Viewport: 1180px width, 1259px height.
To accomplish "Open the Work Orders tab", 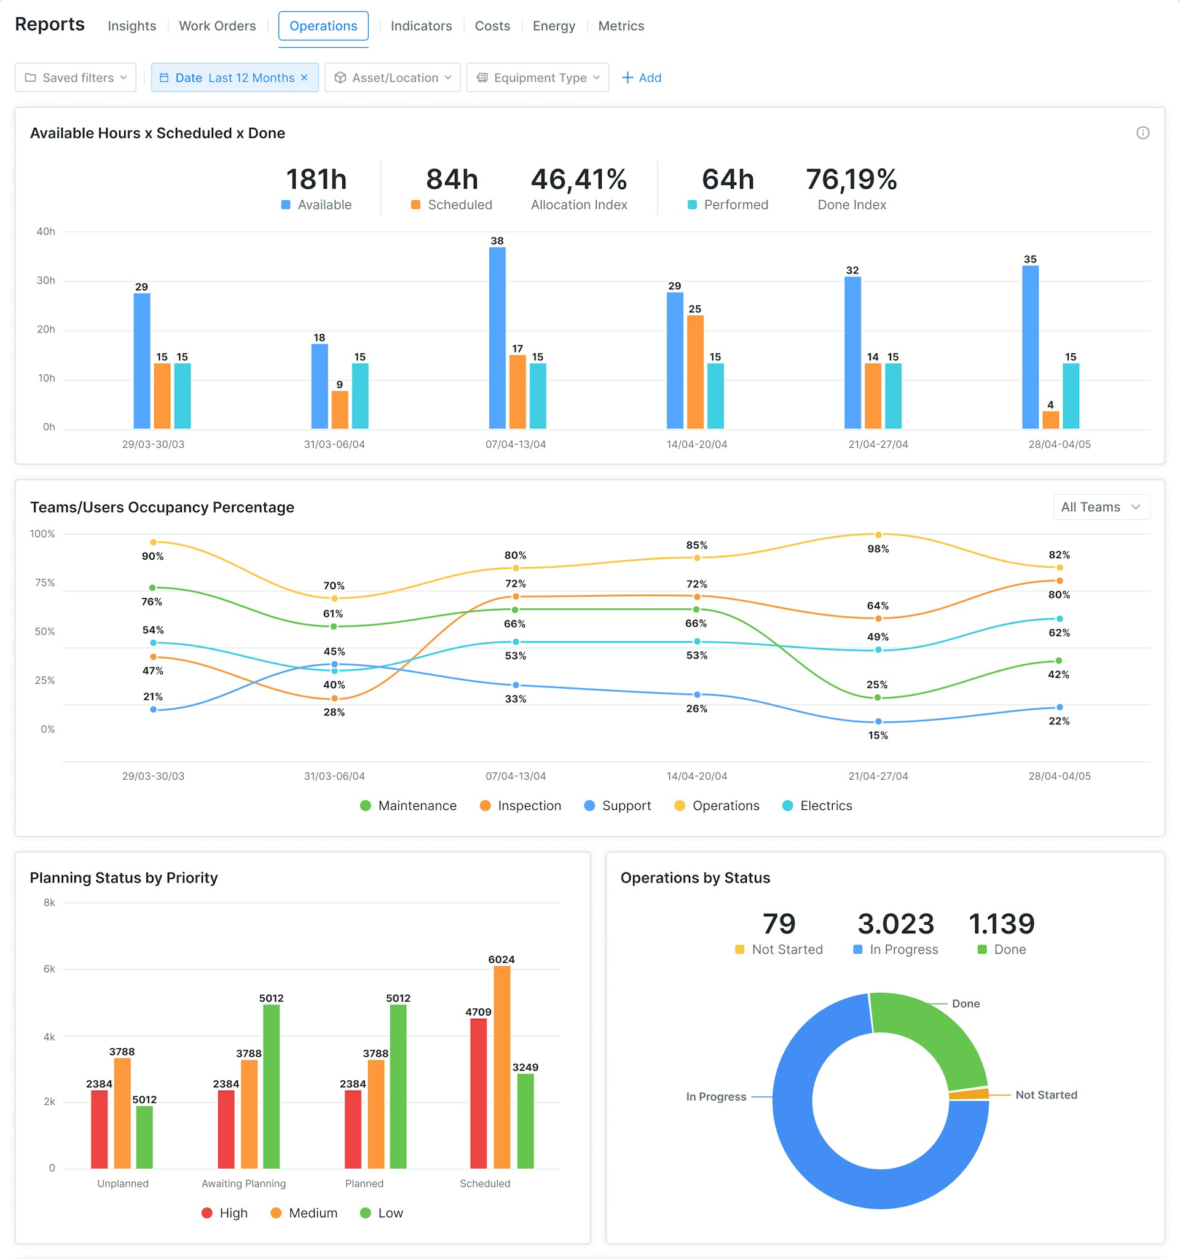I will tap(217, 26).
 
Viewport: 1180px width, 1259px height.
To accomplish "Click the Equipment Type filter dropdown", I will tap(537, 78).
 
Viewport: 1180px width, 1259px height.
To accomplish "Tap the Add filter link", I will tap(641, 78).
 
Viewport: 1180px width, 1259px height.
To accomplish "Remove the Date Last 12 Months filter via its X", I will tap(304, 77).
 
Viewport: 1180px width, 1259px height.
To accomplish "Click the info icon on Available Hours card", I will tap(1142, 133).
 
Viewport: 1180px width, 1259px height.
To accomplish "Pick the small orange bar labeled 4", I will tap(1050, 420).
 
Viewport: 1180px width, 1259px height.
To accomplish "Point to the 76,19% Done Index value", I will tap(851, 180).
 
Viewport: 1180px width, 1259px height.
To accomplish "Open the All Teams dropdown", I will tap(1100, 507).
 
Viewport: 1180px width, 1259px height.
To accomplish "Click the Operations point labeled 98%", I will tap(878, 535).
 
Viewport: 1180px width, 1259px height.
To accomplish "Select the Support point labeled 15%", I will tap(878, 721).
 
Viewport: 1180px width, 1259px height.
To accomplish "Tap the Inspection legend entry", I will tap(521, 806).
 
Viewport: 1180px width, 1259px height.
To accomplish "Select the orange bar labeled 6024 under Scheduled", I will tap(502, 1067).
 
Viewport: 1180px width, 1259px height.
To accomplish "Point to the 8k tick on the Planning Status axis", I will tap(49, 903).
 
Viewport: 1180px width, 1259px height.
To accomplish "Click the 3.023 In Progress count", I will tap(895, 924).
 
